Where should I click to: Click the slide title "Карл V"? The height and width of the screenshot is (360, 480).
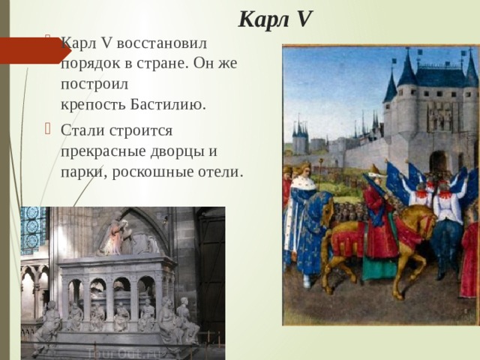pos(275,19)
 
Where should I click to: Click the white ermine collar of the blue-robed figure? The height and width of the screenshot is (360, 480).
pos(304,184)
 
